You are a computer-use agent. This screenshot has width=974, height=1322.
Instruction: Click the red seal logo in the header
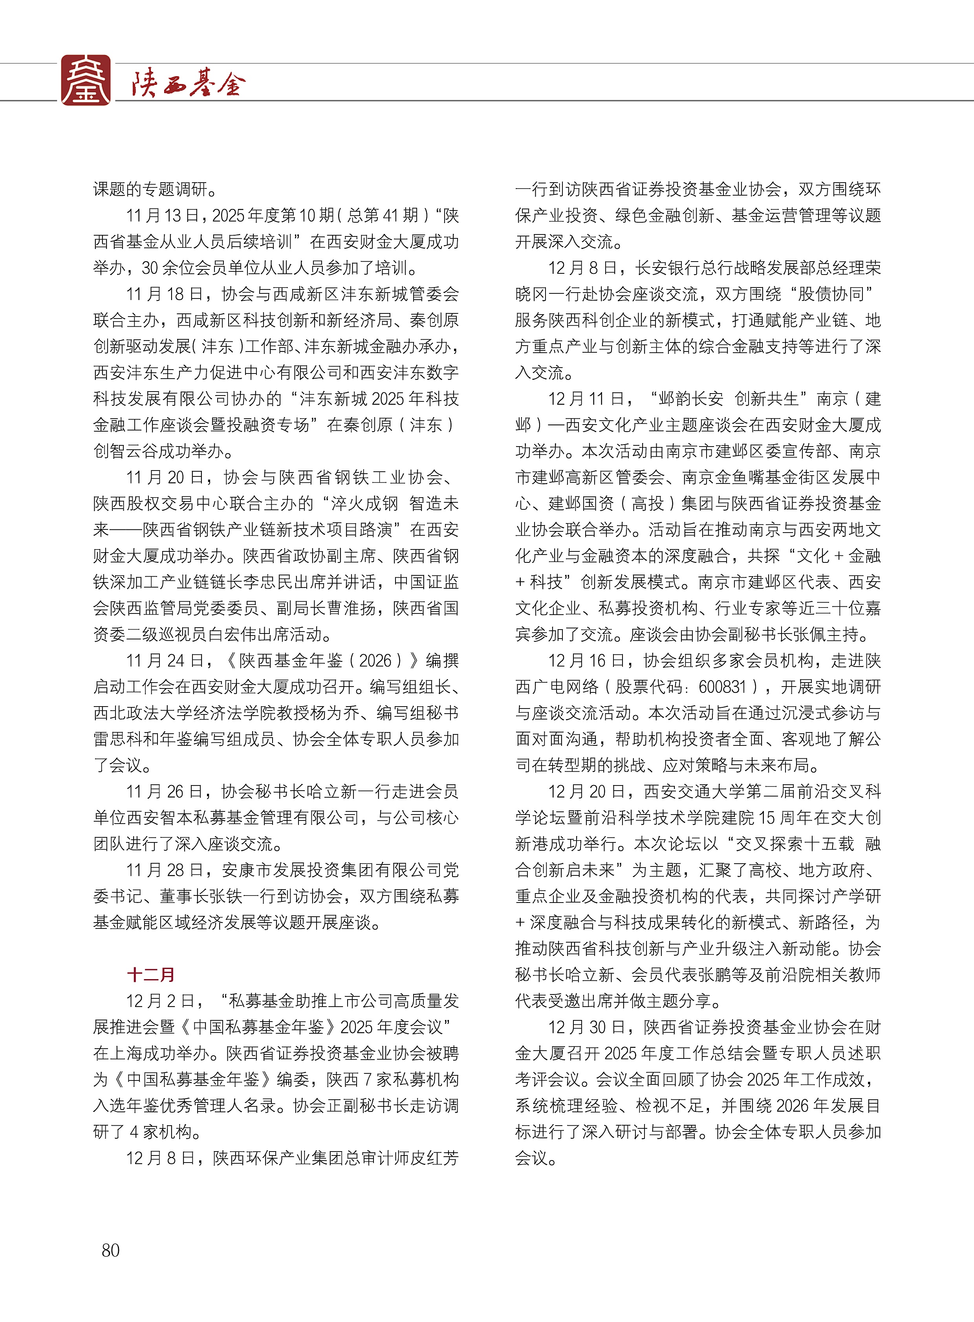tap(86, 80)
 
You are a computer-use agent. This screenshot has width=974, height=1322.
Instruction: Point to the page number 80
tap(111, 1249)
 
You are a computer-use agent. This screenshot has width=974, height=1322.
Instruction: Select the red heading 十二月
tap(151, 974)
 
